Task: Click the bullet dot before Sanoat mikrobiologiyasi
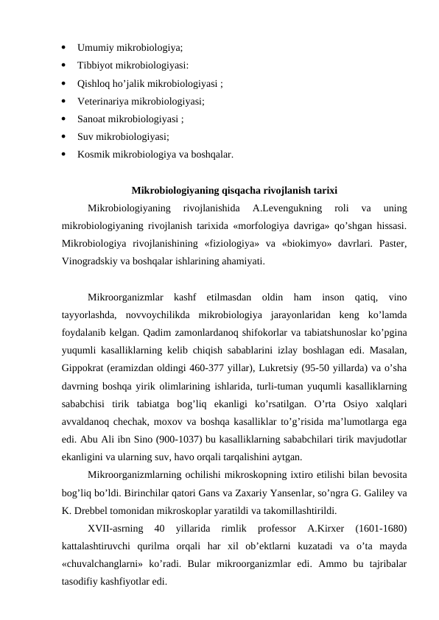65,119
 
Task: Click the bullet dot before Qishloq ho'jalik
65,83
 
